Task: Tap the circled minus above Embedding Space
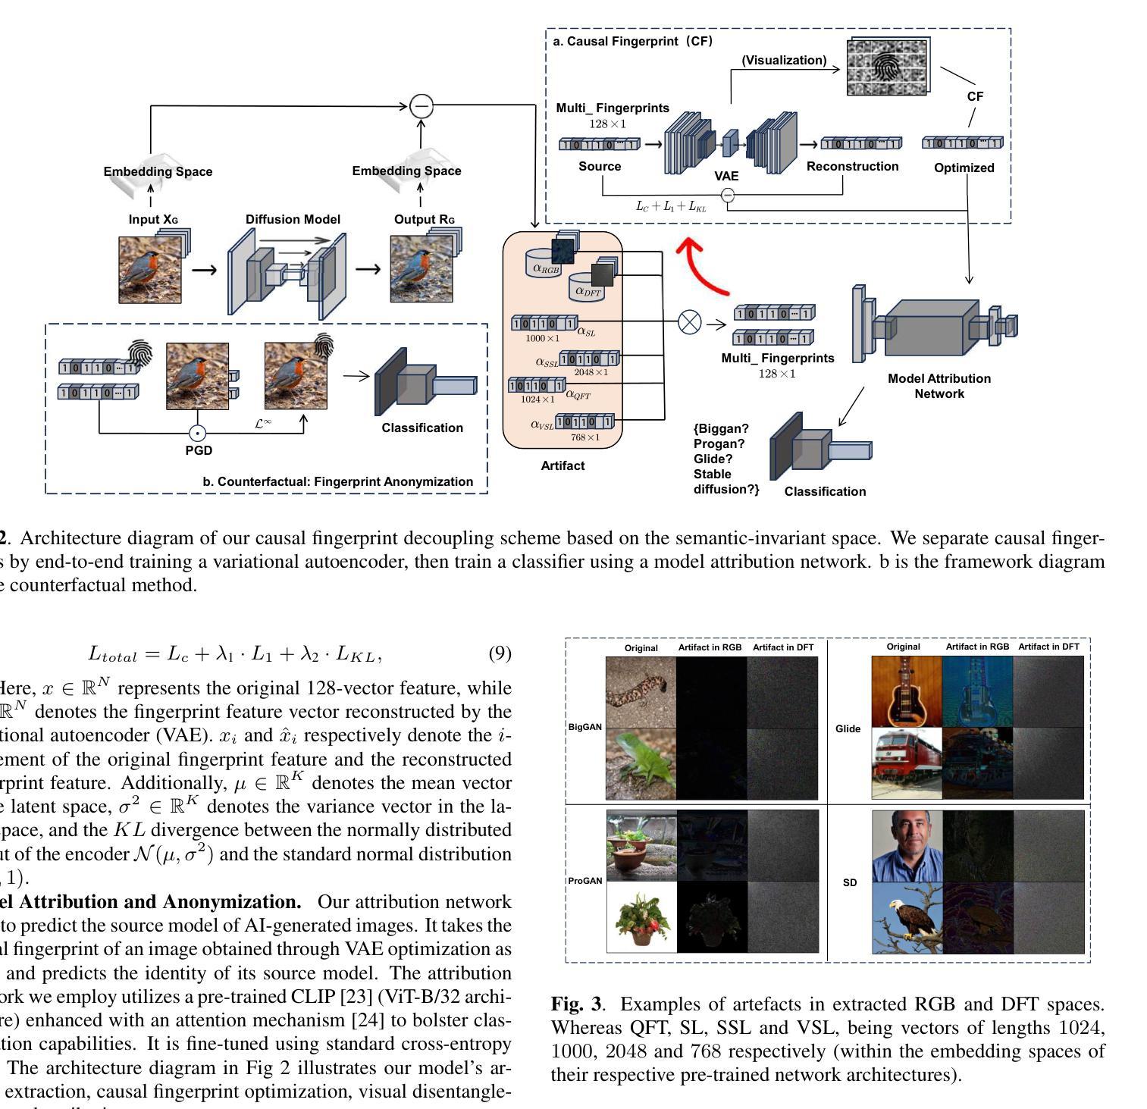pyautogui.click(x=422, y=105)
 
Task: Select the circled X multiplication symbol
pyautogui.click(x=689, y=322)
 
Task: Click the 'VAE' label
pyautogui.click(x=726, y=176)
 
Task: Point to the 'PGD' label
pyautogui.click(x=199, y=450)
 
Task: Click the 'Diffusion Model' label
pyautogui.click(x=293, y=219)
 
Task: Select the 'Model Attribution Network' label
pyautogui.click(x=939, y=386)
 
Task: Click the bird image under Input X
pyautogui.click(x=150, y=270)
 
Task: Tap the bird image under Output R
pyautogui.click(x=422, y=270)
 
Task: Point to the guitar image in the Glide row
pyautogui.click(x=907, y=691)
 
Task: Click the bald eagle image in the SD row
pyautogui.click(x=907, y=917)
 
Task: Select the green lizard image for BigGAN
pyautogui.click(x=641, y=763)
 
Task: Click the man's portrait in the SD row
pyautogui.click(x=907, y=845)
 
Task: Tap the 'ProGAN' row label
pyautogui.click(x=585, y=881)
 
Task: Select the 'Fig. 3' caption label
pyautogui.click(x=576, y=1004)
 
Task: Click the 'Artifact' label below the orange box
pyautogui.click(x=563, y=465)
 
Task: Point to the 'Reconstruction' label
pyautogui.click(x=852, y=166)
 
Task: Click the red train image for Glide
pyautogui.click(x=907, y=763)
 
